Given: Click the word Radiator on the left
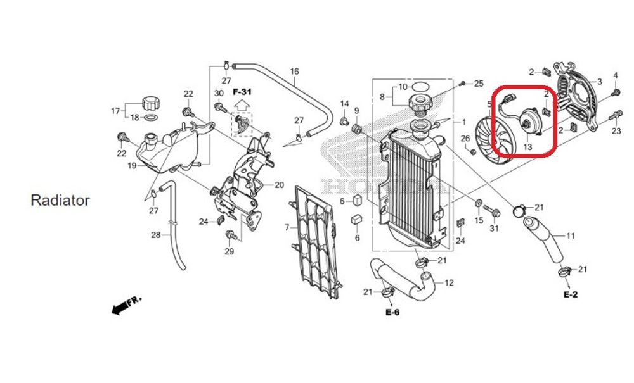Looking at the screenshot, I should [x=60, y=201].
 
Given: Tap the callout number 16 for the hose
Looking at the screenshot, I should [x=294, y=72].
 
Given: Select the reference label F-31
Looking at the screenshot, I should [x=242, y=92].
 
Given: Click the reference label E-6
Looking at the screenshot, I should [x=392, y=312].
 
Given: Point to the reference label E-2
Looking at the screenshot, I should [x=570, y=295].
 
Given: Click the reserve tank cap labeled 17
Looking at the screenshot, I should [x=150, y=103].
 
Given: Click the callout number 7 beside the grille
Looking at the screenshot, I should [x=287, y=227].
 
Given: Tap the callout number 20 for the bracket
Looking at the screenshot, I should [x=279, y=185].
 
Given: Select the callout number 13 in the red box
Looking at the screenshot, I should [x=527, y=146].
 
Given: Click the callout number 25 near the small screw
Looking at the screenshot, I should [x=479, y=84].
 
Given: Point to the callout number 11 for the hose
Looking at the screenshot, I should [x=570, y=236].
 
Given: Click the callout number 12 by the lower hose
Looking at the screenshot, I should [x=449, y=283].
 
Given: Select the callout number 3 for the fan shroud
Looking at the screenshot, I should [x=599, y=82].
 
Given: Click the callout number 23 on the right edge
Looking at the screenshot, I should [x=616, y=132].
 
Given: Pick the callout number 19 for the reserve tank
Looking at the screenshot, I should [x=132, y=166].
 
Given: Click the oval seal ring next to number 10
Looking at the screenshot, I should [x=420, y=86].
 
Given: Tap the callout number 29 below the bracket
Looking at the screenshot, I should [x=230, y=251].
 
